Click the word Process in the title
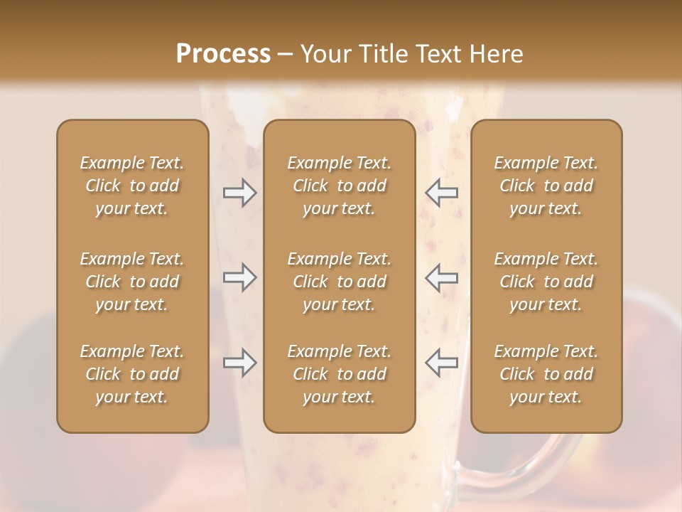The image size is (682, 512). (223, 54)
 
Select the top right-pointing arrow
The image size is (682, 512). (239, 193)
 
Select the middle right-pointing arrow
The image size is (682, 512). (239, 277)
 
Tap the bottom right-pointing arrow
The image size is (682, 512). (239, 363)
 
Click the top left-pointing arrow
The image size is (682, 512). (442, 193)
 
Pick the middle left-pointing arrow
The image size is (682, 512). (442, 277)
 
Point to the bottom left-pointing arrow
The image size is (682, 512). (442, 363)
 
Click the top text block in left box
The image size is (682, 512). (132, 186)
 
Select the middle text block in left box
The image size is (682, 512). (132, 282)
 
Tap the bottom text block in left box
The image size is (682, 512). (132, 374)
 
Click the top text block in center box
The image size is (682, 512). (339, 186)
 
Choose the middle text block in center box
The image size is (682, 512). (339, 282)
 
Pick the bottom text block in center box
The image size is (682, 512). (339, 374)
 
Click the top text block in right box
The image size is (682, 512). (546, 186)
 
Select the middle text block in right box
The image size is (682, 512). (546, 282)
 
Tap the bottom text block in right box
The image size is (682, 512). (546, 374)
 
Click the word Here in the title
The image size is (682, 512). (497, 54)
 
